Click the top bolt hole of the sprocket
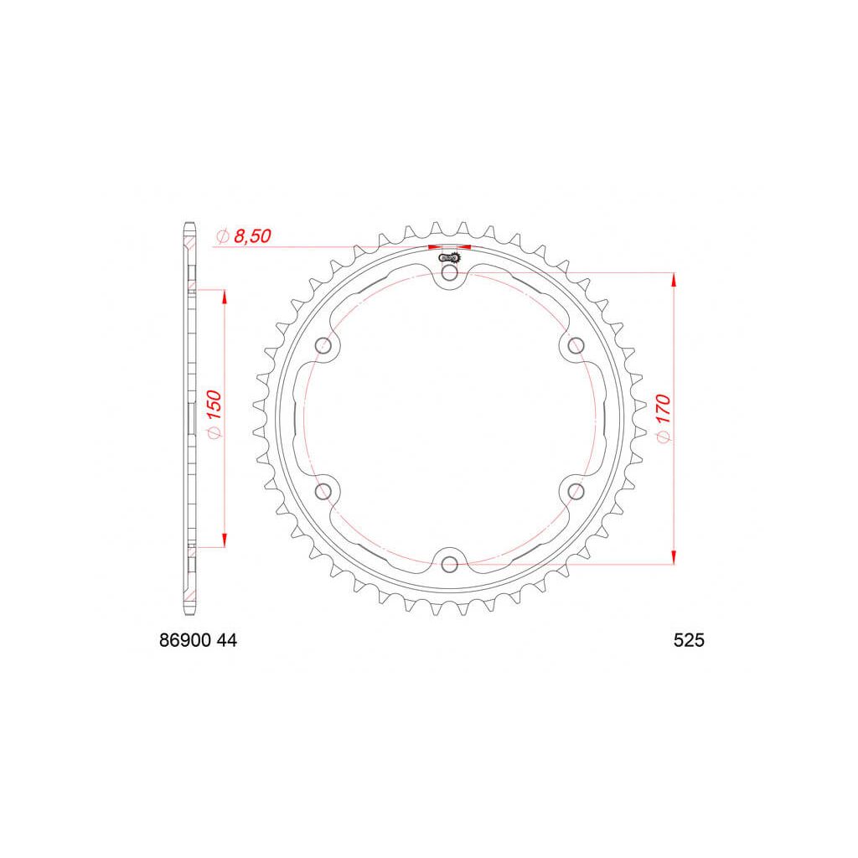pyautogui.click(x=449, y=273)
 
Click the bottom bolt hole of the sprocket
pyautogui.click(x=449, y=564)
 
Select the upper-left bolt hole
pyautogui.click(x=323, y=346)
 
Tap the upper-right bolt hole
pyautogui.click(x=576, y=346)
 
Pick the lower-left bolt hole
pyautogui.click(x=323, y=491)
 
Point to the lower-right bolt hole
pyautogui.click(x=576, y=491)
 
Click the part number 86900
pyautogui.click(x=185, y=641)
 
